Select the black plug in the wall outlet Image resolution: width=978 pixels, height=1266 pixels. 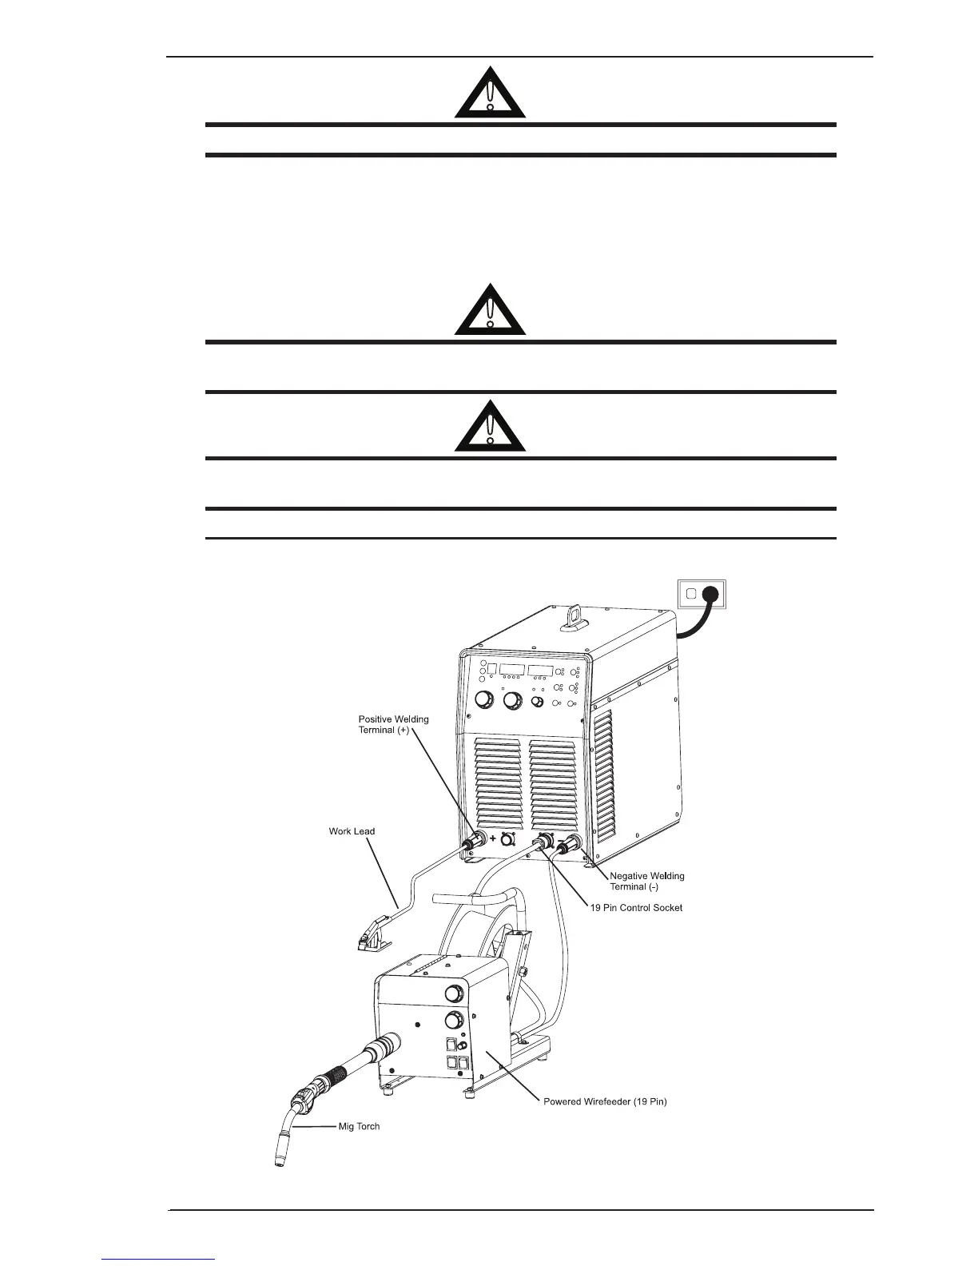tap(714, 594)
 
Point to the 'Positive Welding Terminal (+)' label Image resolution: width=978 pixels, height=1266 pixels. tap(393, 725)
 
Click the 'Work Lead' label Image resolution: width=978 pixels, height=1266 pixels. tap(352, 831)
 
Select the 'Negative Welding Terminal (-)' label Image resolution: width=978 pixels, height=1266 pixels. tap(647, 882)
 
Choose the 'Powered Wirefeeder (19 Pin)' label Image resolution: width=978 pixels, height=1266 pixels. tap(605, 1101)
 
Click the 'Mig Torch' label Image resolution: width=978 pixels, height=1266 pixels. tap(359, 1126)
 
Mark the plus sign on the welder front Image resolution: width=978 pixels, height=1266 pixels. tap(493, 838)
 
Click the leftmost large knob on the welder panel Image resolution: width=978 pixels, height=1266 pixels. tap(483, 701)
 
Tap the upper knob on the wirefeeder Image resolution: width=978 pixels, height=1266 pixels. tap(453, 993)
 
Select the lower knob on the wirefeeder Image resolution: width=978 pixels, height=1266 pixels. tap(453, 1021)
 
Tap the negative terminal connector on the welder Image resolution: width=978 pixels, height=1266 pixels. tap(570, 846)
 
